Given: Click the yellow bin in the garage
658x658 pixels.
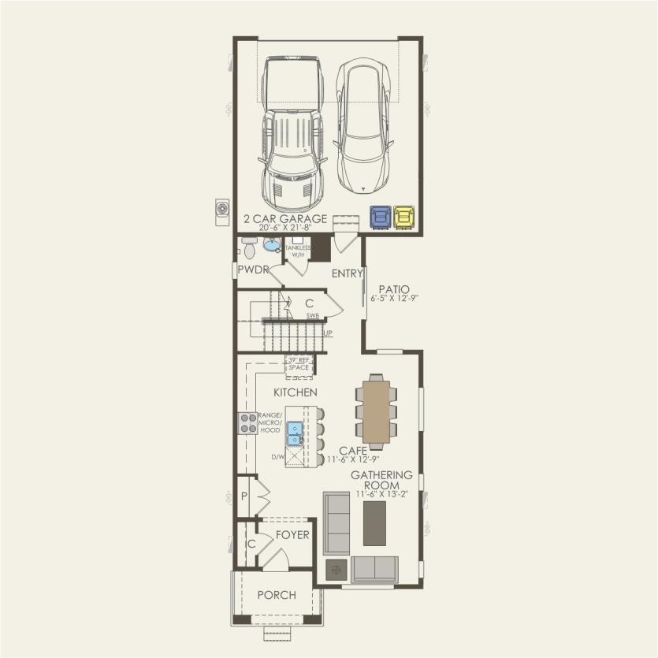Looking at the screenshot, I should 404,216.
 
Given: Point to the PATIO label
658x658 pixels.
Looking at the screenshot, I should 392,289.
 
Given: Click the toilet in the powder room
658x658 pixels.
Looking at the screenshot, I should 250,249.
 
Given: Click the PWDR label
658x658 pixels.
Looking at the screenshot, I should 253,270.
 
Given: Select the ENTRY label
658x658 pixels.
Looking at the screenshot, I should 347,274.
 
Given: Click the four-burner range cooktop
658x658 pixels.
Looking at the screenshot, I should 247,423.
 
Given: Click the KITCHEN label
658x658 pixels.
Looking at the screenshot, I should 296,392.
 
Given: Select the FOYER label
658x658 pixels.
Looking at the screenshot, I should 292,536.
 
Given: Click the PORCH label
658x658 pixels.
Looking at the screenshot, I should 277,595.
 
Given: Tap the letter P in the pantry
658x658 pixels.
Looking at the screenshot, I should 245,496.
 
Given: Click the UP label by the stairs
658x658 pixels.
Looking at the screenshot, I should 328,333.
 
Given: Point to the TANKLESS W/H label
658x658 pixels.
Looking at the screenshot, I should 299,251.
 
